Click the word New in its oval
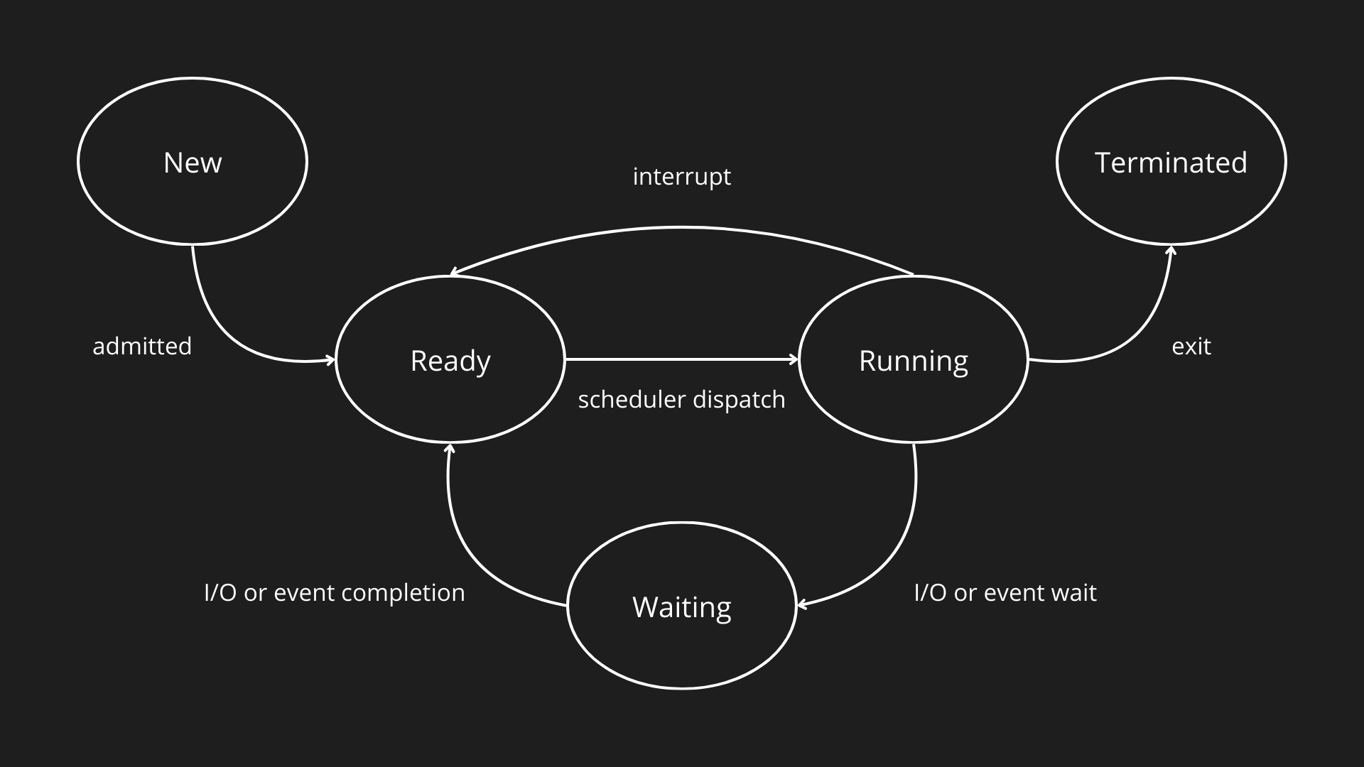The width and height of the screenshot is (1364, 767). (x=193, y=163)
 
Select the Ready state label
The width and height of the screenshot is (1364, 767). (x=450, y=361)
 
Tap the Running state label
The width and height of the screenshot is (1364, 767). (x=913, y=361)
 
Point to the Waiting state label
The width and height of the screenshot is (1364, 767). (x=682, y=607)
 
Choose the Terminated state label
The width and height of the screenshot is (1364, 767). (x=1171, y=163)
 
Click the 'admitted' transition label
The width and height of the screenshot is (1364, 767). (x=142, y=347)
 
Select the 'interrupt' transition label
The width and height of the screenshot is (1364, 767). (x=682, y=176)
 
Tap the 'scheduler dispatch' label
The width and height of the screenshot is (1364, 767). (x=682, y=400)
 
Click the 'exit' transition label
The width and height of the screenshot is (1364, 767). (x=1191, y=347)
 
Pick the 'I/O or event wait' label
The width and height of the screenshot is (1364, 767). (x=1005, y=593)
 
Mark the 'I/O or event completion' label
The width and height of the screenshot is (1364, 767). (x=334, y=593)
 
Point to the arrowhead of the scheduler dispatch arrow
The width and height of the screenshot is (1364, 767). (x=795, y=360)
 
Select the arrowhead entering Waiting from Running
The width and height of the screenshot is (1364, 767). (x=801, y=605)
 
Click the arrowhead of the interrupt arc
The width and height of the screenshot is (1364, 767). (x=455, y=272)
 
